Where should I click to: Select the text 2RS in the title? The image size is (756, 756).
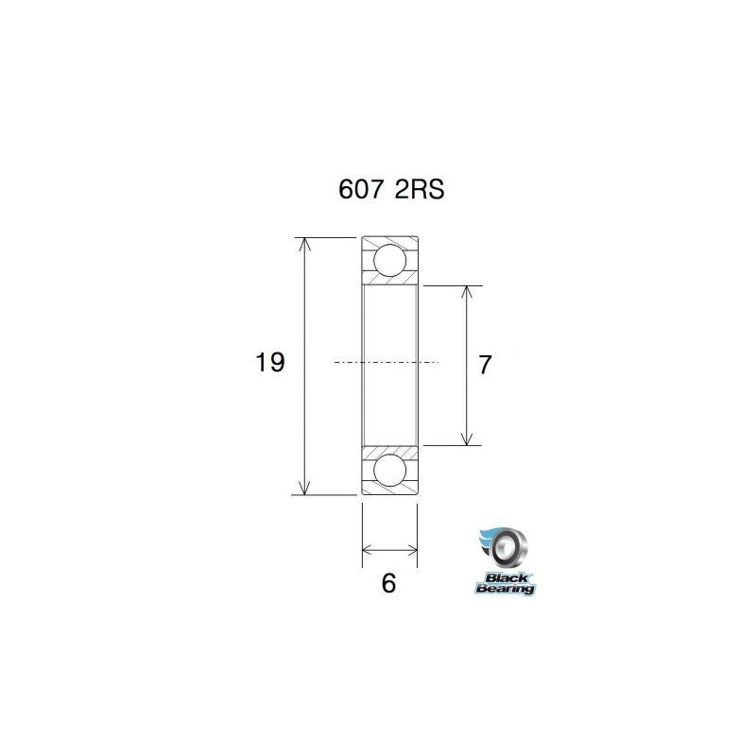pos(418,189)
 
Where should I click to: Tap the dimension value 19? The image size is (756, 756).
pos(270,362)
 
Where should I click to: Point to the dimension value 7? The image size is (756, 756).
pos(485,365)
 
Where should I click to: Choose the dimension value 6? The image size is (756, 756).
pos(388,583)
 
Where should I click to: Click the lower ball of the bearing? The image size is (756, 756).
pos(389,470)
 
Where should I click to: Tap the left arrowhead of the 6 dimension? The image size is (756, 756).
pos(369,548)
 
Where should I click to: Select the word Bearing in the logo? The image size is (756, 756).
pos(506,588)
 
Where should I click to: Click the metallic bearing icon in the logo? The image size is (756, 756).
pos(511,546)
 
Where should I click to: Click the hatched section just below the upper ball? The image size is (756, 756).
pos(389,280)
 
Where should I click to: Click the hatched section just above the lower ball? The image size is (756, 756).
pos(389,449)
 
